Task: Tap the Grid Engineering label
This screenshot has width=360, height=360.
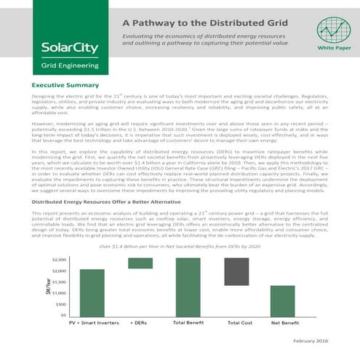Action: tap(59, 73)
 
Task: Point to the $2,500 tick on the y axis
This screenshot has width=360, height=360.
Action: tap(60, 259)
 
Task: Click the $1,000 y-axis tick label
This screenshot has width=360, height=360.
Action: tap(60, 292)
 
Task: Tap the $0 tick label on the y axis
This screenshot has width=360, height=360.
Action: tap(64, 315)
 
